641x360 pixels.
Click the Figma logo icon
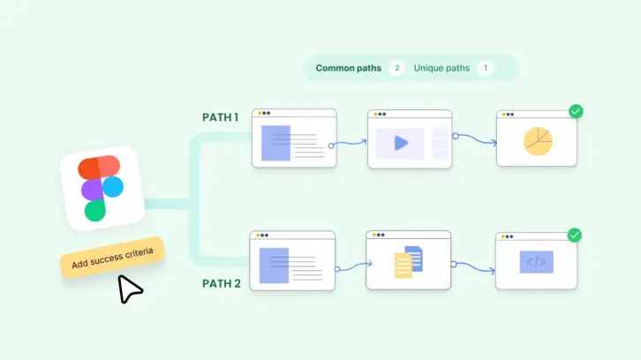pyautogui.click(x=102, y=188)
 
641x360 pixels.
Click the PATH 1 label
pyautogui.click(x=220, y=117)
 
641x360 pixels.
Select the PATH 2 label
pyautogui.click(x=220, y=284)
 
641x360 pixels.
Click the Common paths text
pyautogui.click(x=349, y=68)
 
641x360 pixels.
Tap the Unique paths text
pyautogui.click(x=441, y=68)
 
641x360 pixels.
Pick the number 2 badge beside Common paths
pyautogui.click(x=396, y=68)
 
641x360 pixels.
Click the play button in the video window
pyautogui.click(x=400, y=143)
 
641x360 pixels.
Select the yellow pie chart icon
pyautogui.click(x=537, y=140)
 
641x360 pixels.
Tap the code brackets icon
pyautogui.click(x=536, y=261)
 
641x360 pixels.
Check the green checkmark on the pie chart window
pyautogui.click(x=575, y=111)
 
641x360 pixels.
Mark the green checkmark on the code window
pyautogui.click(x=574, y=235)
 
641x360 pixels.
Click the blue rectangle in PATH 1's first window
pyautogui.click(x=275, y=142)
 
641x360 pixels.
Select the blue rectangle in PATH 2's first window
pyautogui.click(x=274, y=265)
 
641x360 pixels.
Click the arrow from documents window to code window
pyautogui.click(x=473, y=265)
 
